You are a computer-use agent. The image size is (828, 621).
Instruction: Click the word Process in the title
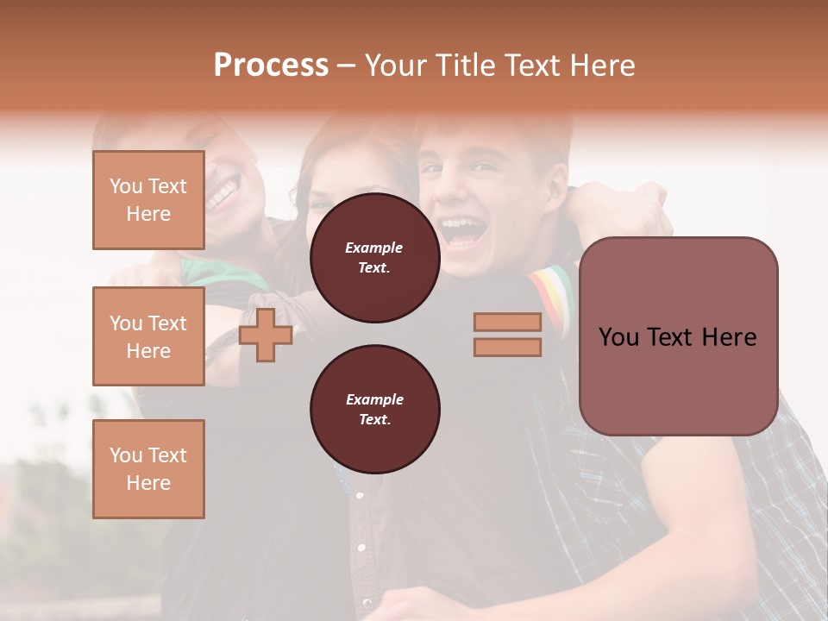tap(271, 66)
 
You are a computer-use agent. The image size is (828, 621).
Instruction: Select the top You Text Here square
tap(148, 200)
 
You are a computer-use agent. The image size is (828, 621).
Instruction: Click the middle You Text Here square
tap(148, 336)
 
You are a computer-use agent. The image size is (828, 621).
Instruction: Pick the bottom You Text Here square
tap(148, 469)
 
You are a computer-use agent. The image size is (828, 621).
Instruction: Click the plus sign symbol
tap(265, 335)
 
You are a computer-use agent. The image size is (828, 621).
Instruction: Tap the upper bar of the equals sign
tap(507, 322)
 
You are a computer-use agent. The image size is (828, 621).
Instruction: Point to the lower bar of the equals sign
tap(507, 348)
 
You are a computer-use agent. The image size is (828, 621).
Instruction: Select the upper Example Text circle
tap(374, 258)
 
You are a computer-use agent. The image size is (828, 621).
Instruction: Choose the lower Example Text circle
tap(374, 410)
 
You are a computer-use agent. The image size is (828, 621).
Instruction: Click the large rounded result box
tap(678, 336)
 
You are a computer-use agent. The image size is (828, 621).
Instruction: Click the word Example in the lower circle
tap(374, 399)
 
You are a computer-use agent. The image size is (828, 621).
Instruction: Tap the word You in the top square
tap(126, 186)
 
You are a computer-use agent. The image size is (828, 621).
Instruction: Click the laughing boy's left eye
tap(485, 169)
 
